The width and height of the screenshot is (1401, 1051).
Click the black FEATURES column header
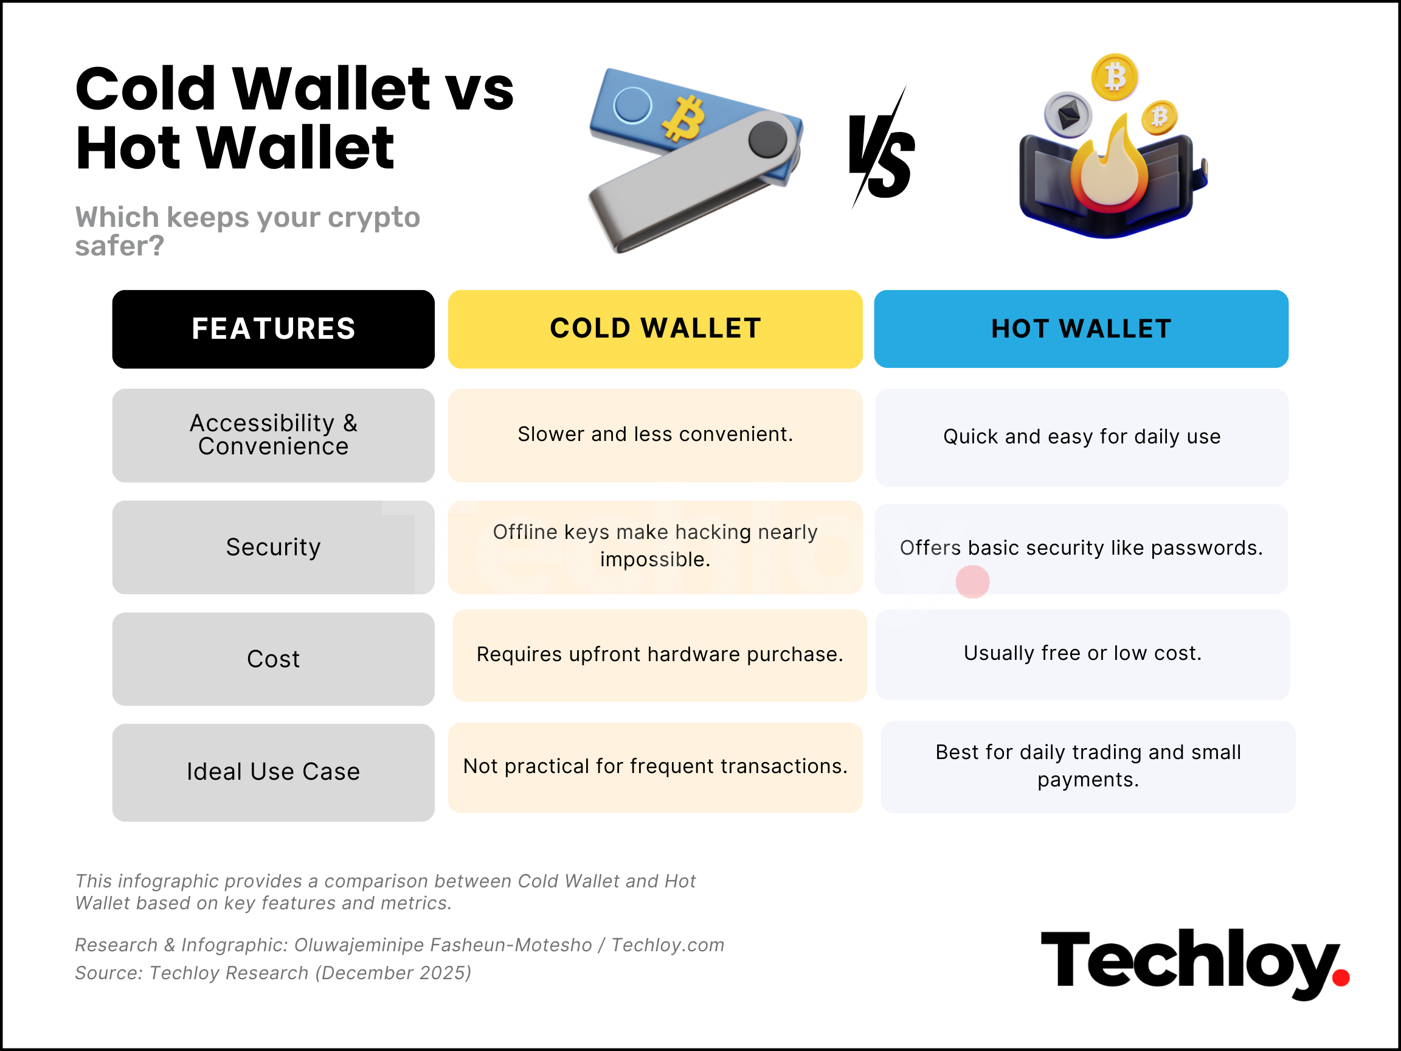click(273, 329)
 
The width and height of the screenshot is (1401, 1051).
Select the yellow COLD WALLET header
click(655, 329)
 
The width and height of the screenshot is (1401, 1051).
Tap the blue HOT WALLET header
click(1081, 329)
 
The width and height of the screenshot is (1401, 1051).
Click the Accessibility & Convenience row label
click(273, 435)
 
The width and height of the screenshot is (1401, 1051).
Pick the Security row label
click(273, 547)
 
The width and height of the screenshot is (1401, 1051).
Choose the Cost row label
click(273, 659)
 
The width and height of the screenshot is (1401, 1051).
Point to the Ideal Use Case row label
click(273, 772)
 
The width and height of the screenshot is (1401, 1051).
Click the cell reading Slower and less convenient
click(655, 435)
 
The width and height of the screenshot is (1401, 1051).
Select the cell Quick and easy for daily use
click(1081, 437)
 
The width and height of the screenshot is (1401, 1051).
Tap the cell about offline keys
click(655, 546)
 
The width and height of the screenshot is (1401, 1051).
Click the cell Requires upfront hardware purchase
click(659, 655)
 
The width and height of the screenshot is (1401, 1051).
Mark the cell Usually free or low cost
click(1082, 654)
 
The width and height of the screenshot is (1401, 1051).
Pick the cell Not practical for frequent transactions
click(655, 767)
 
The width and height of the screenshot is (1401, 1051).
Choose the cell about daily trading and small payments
click(1087, 766)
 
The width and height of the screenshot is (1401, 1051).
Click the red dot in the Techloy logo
click(1340, 978)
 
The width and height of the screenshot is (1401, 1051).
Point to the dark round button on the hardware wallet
click(767, 139)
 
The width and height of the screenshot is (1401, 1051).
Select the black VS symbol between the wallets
click(881, 152)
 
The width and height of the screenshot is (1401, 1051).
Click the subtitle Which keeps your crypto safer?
click(247, 231)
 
